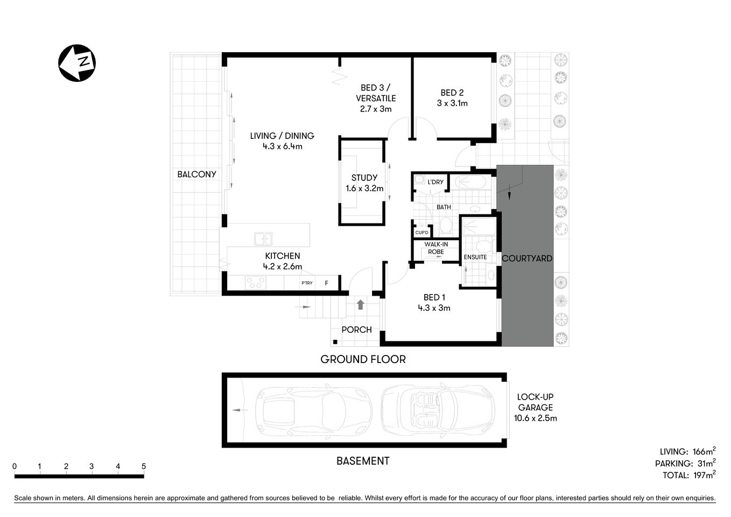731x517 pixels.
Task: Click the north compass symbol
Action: click(77, 63)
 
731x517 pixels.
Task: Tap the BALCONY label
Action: click(196, 174)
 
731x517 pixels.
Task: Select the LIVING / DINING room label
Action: click(282, 136)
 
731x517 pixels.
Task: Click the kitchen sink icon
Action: click(263, 239)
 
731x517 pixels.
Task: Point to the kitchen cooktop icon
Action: click(255, 283)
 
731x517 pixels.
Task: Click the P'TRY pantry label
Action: click(307, 283)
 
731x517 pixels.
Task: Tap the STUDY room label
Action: click(364, 178)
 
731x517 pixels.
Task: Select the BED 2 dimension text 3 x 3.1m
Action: click(452, 103)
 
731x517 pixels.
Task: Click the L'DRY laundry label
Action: click(435, 182)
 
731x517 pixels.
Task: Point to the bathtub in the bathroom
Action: click(470, 182)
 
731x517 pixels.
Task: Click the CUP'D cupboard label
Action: click(421, 233)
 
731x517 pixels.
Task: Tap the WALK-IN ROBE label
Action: click(436, 248)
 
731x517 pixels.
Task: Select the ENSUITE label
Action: click(475, 257)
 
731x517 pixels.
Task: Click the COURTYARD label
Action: click(527, 258)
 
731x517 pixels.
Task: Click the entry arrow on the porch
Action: click(360, 305)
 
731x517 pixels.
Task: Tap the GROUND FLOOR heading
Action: click(363, 359)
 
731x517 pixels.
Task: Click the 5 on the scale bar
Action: click(143, 466)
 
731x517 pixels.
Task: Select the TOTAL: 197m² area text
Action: click(689, 475)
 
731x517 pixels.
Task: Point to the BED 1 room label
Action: click(434, 297)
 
